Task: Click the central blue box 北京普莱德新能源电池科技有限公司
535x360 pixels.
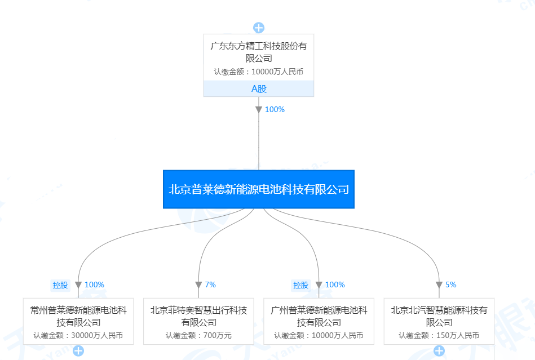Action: point(259,189)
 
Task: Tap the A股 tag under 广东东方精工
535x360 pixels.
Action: point(259,89)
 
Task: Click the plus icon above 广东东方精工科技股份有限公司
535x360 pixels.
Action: point(259,28)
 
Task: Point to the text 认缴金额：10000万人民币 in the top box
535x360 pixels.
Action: point(259,72)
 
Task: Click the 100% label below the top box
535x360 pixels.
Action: point(275,110)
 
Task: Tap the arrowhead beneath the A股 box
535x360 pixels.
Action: point(259,110)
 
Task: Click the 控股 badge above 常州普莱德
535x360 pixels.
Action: point(60,285)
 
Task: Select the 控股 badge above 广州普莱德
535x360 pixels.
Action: point(301,285)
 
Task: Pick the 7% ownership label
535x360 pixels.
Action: point(210,285)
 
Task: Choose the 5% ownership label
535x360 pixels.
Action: point(451,285)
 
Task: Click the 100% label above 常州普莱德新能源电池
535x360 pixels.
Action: point(94,285)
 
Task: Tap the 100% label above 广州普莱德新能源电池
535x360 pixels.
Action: point(335,285)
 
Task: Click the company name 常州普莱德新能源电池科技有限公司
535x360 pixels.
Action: point(78,316)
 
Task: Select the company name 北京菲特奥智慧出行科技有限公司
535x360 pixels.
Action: point(198,316)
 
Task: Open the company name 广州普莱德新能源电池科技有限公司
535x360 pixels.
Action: point(319,316)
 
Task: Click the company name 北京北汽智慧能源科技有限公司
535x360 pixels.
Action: point(439,316)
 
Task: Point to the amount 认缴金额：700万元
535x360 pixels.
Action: point(198,336)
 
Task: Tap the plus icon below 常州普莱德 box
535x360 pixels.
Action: point(78,352)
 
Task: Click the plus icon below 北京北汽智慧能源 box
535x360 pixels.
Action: point(439,352)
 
